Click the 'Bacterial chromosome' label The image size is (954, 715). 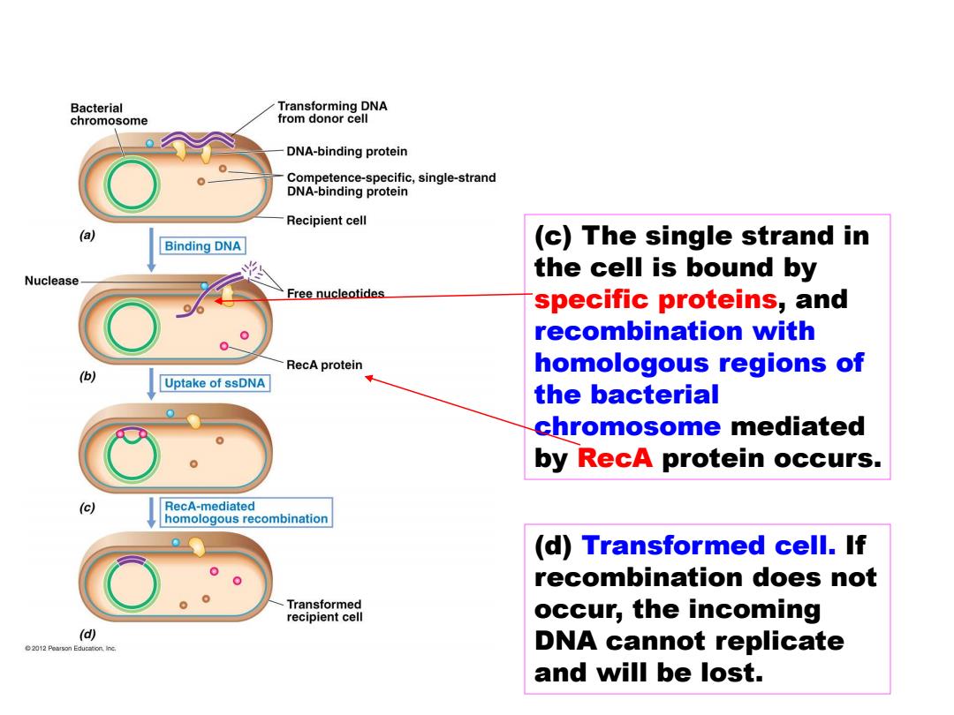tap(109, 114)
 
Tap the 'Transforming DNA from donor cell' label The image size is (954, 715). tap(332, 112)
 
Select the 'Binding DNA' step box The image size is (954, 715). tap(202, 246)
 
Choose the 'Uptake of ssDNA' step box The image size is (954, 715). tap(214, 384)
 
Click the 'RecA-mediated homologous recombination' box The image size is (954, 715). tap(246, 513)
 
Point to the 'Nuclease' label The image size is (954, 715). tap(52, 281)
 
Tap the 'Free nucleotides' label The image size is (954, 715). tap(336, 294)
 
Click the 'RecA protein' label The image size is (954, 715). tap(324, 365)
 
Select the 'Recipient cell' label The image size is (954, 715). tap(326, 221)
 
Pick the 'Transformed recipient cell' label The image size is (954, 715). tap(324, 611)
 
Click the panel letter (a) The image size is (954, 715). tap(87, 236)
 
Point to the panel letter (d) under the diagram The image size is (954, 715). tap(87, 634)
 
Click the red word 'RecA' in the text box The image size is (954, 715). tap(615, 458)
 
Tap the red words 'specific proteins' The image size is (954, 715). tap(655, 299)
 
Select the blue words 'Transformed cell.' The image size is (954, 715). tap(708, 546)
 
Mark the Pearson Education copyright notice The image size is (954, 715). tap(71, 649)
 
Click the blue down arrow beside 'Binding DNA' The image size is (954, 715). tap(152, 250)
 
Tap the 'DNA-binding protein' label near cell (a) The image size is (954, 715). tap(347, 152)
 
